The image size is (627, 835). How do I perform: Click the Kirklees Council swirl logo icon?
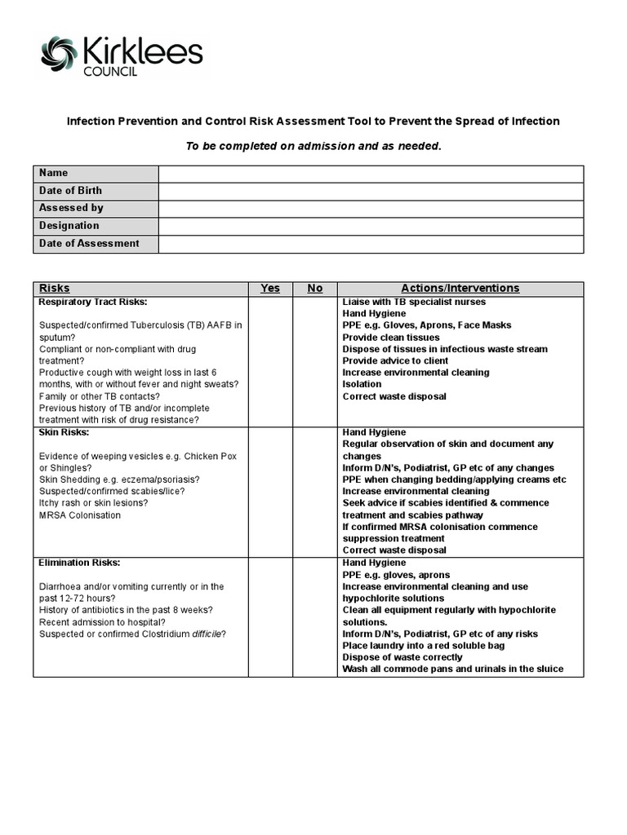pos(60,55)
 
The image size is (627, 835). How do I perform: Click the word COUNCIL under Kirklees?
pos(110,72)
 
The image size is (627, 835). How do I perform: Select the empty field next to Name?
pos(371,174)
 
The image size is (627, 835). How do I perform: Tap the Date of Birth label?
pos(71,191)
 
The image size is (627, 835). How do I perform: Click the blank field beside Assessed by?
pos(371,209)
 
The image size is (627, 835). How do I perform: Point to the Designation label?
pos(69,226)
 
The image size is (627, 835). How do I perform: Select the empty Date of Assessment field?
pos(371,244)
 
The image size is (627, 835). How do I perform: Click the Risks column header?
pos(55,289)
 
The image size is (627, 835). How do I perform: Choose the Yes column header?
pos(270,289)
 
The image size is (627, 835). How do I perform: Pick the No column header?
pos(315,289)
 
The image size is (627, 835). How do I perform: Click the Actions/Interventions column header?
pos(460,289)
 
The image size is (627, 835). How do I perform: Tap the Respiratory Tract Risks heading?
pos(92,302)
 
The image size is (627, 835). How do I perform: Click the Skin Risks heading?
pos(64,432)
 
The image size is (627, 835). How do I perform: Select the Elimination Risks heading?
pos(80,563)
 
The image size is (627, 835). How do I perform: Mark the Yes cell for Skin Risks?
pos(270,491)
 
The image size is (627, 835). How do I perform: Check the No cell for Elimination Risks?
pos(315,616)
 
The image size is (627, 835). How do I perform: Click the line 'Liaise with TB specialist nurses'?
pos(414,302)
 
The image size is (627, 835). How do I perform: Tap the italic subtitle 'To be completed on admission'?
pos(313,146)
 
